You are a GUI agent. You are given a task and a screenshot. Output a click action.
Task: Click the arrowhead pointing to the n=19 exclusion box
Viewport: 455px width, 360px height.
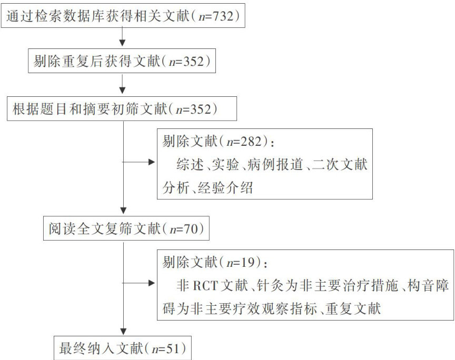coord(152,284)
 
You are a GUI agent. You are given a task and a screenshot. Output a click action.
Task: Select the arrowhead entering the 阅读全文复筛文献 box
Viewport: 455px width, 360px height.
coord(123,213)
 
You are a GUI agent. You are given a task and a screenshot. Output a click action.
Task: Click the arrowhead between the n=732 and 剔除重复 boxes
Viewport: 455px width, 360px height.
coord(123,44)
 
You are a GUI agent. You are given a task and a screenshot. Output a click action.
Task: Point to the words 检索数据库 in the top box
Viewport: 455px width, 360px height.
coord(68,17)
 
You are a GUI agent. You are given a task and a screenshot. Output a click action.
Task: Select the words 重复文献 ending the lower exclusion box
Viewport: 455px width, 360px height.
coord(355,308)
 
